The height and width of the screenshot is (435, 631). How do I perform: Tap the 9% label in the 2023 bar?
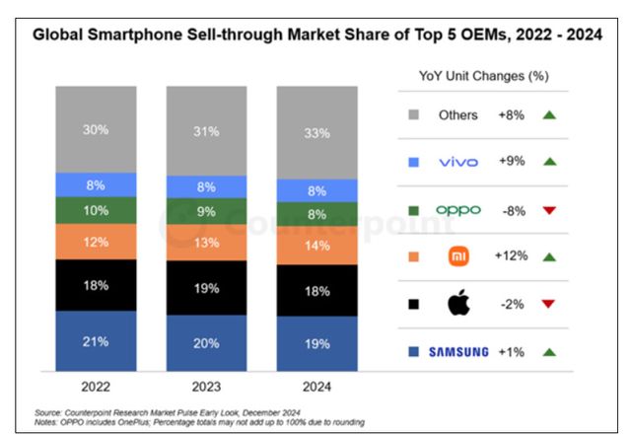(x=205, y=209)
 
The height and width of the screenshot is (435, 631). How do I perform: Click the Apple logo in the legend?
(x=457, y=303)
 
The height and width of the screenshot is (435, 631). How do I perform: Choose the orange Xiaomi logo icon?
(x=457, y=255)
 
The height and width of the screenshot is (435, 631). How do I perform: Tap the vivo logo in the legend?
(x=457, y=161)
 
